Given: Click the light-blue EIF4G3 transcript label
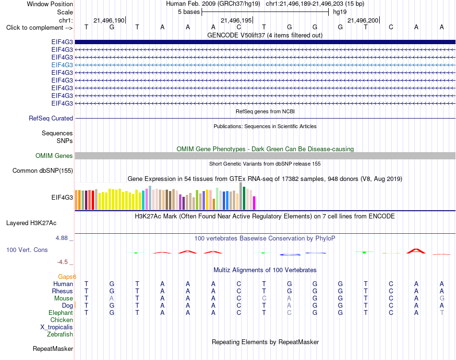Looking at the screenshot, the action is point(62,65).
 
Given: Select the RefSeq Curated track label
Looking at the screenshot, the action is point(51,119).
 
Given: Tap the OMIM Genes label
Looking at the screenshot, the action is point(54,156).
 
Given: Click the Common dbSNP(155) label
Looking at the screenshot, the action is point(43,171).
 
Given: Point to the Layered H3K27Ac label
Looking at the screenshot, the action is point(31,223).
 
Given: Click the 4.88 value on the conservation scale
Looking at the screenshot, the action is point(61,238).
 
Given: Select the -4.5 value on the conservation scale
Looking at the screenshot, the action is point(62,262).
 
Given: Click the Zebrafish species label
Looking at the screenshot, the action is point(60,335).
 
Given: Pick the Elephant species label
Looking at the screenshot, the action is point(61,312).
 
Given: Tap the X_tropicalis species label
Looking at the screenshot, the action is point(57,327).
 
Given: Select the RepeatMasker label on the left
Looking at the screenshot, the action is point(53,348).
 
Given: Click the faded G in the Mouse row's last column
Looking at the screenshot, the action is point(442,299).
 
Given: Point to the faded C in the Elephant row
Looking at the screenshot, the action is point(289,312).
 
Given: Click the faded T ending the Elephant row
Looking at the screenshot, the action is point(442,312).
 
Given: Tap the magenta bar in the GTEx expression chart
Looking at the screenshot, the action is point(254,203).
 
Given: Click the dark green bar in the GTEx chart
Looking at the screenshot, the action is point(244,198).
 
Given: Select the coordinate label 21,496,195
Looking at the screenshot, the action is point(236,20).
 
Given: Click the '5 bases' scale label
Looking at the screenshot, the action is point(189,12).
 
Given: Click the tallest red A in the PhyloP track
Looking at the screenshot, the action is point(416,251).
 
